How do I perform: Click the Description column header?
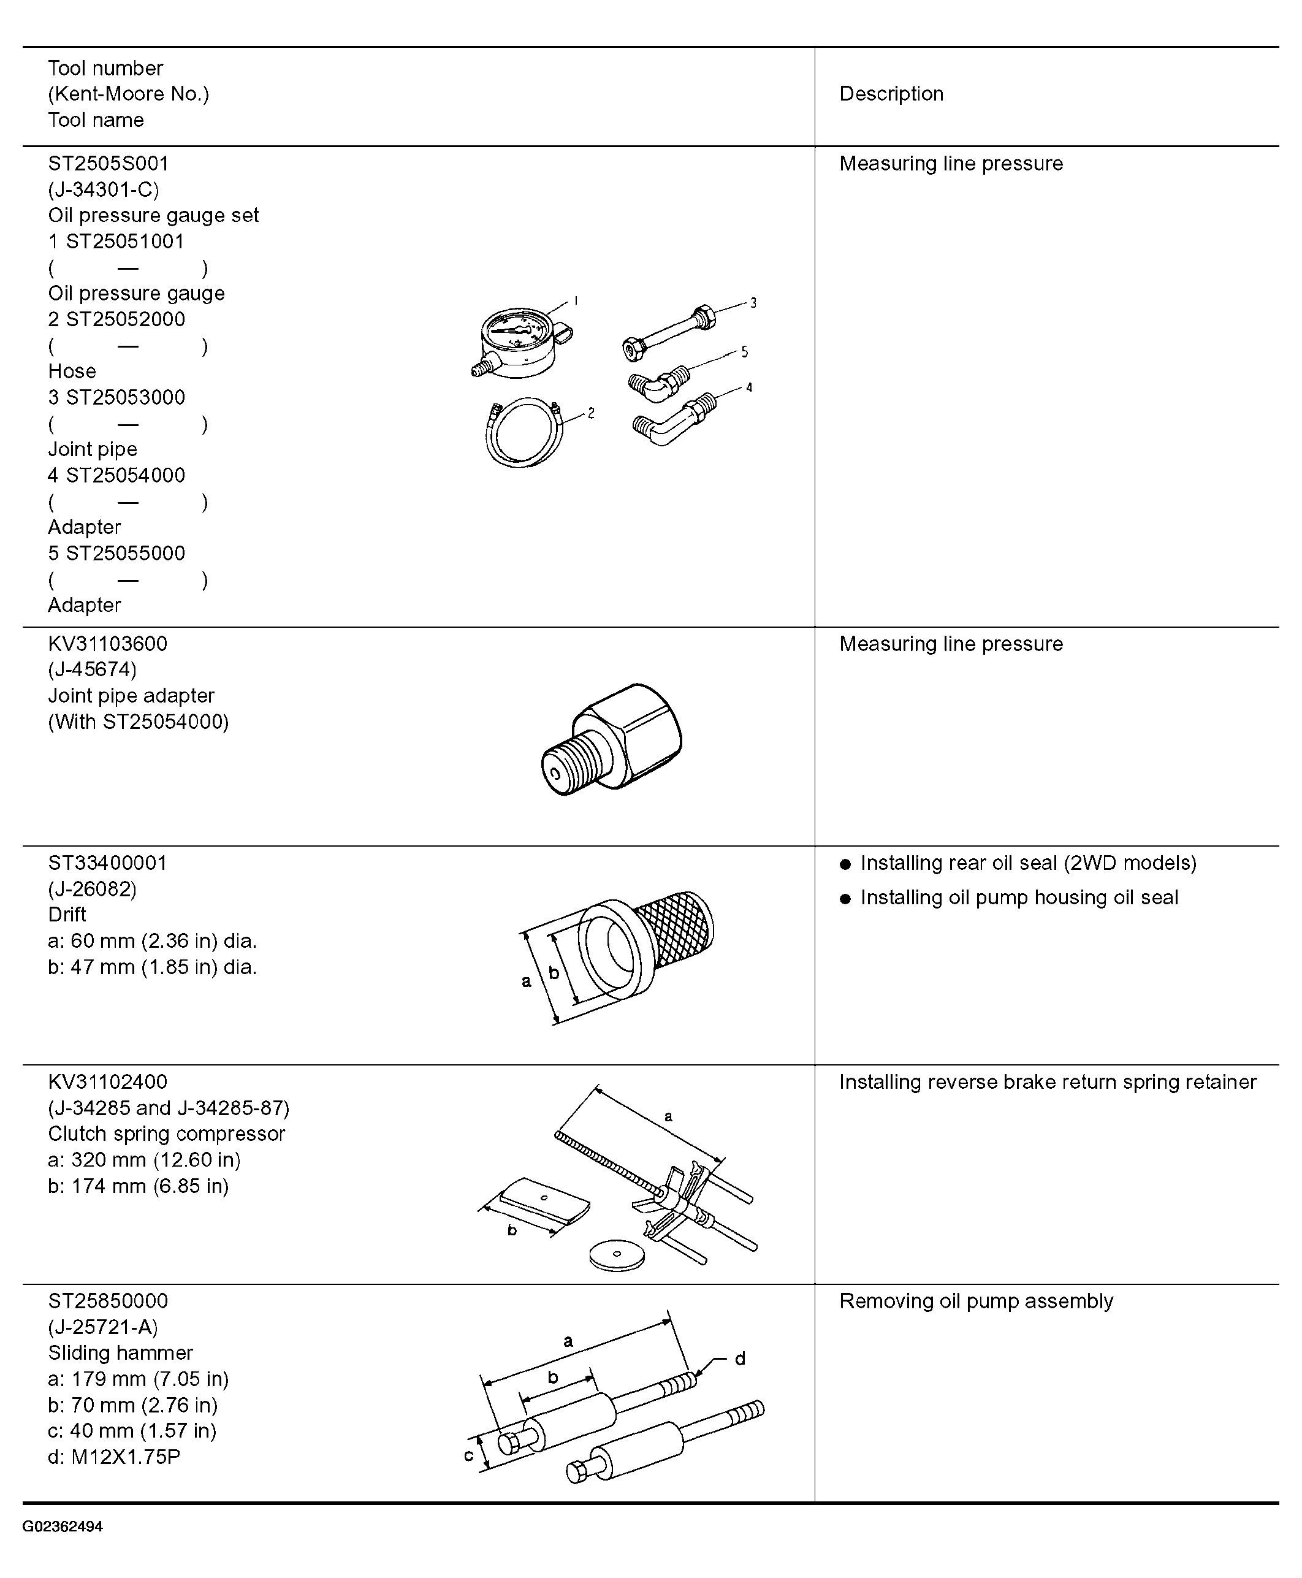pyautogui.click(x=891, y=94)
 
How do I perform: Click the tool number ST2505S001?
pyautogui.click(x=108, y=164)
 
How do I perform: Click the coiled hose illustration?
pyautogui.click(x=523, y=433)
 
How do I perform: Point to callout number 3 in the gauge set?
pyautogui.click(x=753, y=303)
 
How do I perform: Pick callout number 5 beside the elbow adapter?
pyautogui.click(x=744, y=352)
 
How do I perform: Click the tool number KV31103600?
pyautogui.click(x=108, y=644)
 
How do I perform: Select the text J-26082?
pyautogui.click(x=92, y=889)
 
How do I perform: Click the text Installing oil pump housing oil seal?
pyautogui.click(x=1019, y=898)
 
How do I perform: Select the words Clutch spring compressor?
pyautogui.click(x=167, y=1134)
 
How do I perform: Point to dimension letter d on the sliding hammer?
pyautogui.click(x=739, y=1359)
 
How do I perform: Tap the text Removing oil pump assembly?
pyautogui.click(x=976, y=1302)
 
